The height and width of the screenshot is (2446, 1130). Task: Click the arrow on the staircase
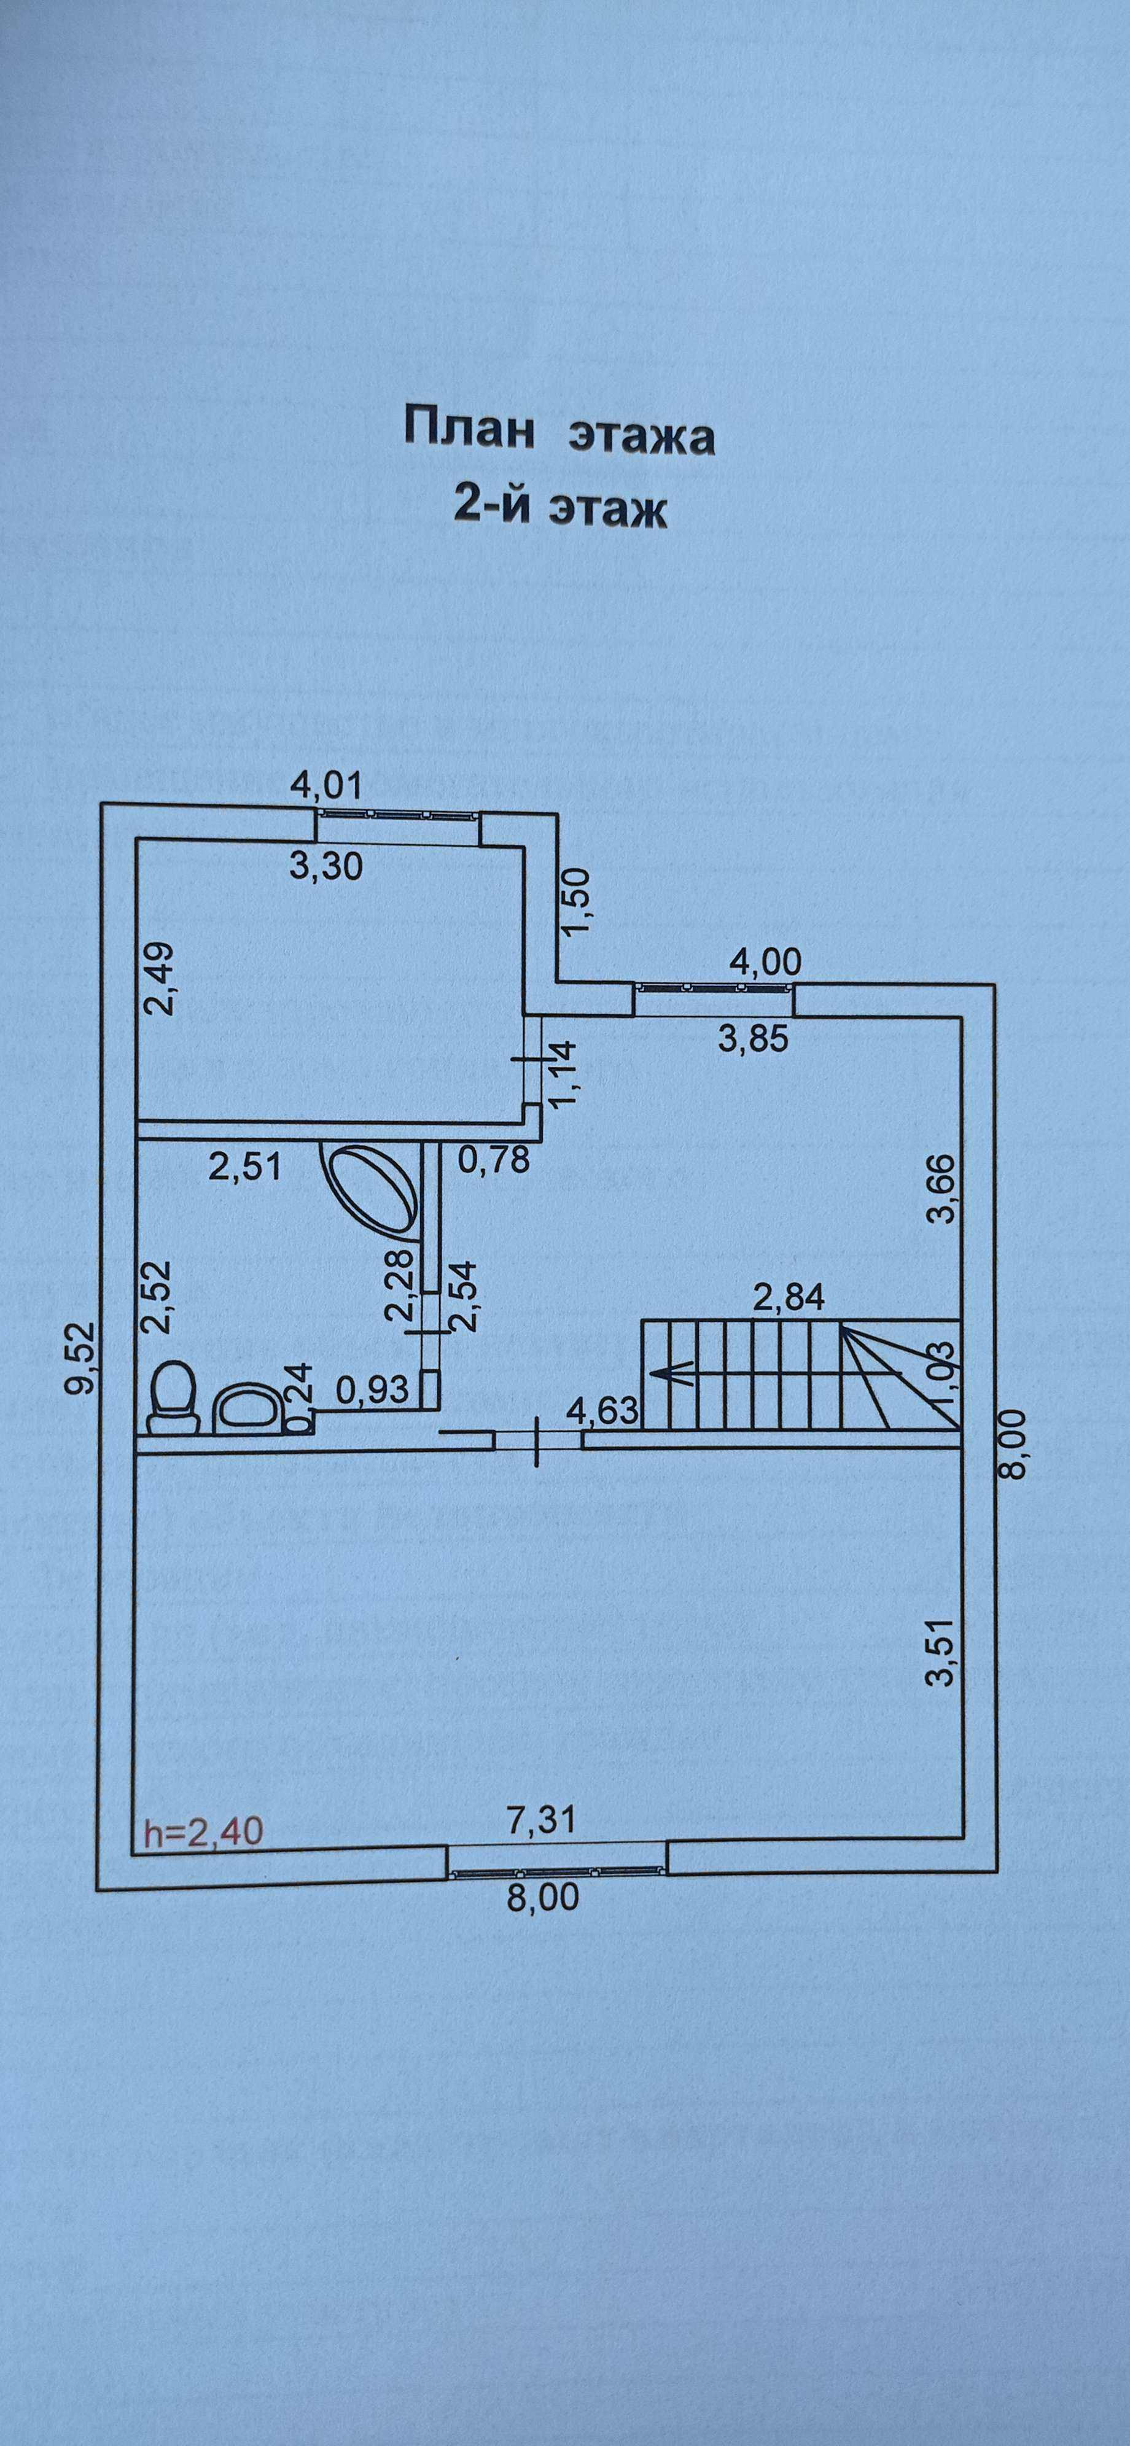[669, 1372]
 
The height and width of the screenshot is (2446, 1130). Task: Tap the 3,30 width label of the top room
[325, 866]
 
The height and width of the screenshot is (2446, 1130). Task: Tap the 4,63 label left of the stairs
[602, 1410]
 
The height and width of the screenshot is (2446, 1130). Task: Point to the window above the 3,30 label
[399, 813]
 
